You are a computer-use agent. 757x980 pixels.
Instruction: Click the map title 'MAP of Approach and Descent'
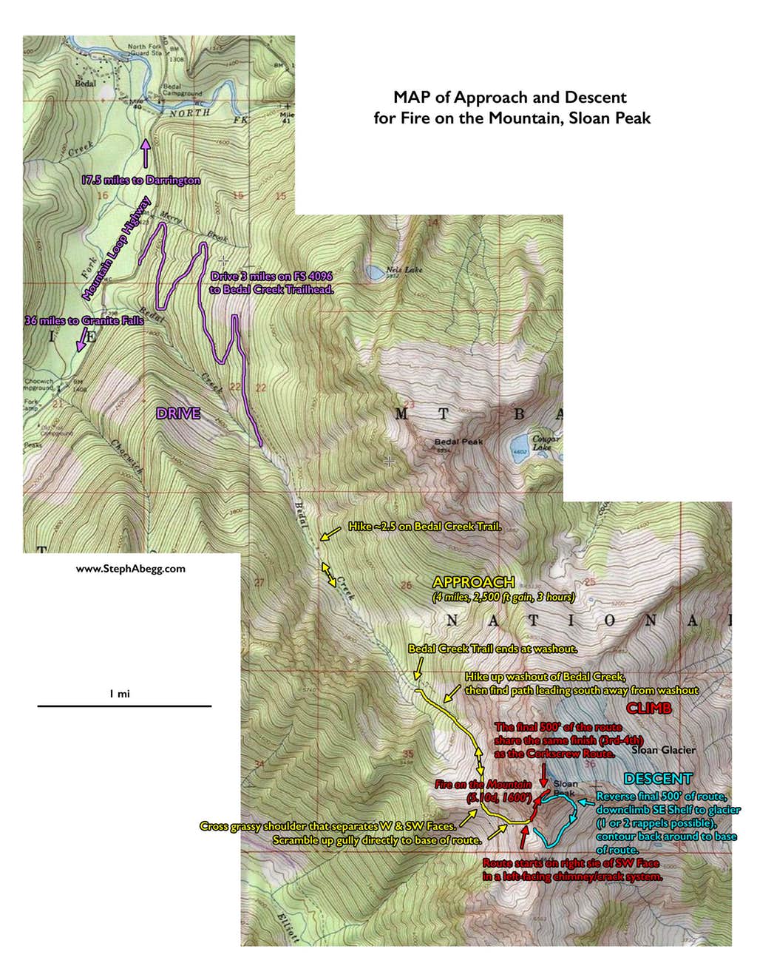(509, 98)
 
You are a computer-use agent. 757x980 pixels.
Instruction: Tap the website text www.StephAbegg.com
(131, 569)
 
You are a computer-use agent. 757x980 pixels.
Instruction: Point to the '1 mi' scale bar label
(120, 694)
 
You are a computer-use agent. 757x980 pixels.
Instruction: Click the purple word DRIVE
(178, 413)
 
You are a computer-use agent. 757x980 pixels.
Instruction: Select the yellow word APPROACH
(473, 582)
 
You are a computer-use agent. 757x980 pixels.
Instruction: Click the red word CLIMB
(648, 709)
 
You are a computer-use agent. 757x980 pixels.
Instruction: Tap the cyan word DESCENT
(657, 779)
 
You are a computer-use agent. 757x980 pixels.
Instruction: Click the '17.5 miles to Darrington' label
(140, 180)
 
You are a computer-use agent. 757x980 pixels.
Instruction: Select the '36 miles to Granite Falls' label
(84, 321)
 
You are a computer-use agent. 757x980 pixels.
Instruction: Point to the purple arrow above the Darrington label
(145, 153)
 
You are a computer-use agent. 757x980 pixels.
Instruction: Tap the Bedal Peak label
(458, 442)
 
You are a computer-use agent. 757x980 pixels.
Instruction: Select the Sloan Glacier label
(664, 750)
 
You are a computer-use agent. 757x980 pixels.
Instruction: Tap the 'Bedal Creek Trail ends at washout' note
(492, 649)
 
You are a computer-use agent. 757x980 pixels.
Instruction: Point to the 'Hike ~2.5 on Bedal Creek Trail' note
(425, 527)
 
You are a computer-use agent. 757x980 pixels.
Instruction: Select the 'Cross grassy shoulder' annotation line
(327, 826)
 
